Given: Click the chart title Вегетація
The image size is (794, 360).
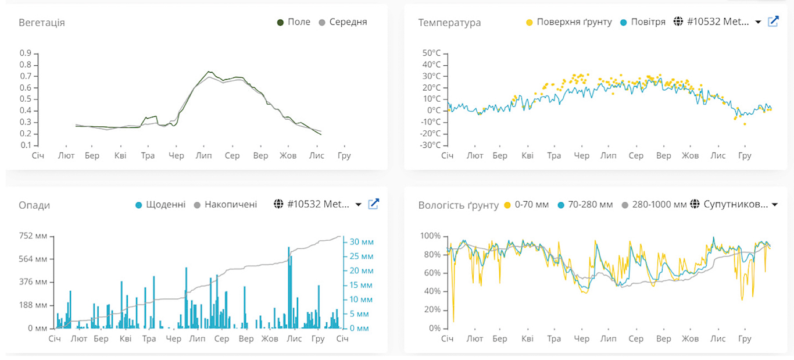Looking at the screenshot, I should click(42, 23).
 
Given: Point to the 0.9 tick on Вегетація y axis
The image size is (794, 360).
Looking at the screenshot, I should click(26, 53).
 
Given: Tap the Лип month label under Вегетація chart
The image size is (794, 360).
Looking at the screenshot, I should click(203, 156).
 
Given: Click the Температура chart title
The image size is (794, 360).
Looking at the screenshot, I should click(449, 23).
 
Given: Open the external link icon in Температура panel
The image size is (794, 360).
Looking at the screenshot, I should click(773, 22).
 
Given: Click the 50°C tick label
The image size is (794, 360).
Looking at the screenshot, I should click(432, 54).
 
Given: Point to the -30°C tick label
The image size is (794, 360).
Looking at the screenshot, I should click(431, 145).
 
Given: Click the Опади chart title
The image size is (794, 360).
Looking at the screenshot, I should click(34, 205).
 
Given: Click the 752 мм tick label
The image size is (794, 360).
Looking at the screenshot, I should click(34, 236).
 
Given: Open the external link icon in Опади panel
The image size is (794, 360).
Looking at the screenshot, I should click(374, 204).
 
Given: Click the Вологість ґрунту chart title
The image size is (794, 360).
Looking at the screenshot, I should click(458, 205).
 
